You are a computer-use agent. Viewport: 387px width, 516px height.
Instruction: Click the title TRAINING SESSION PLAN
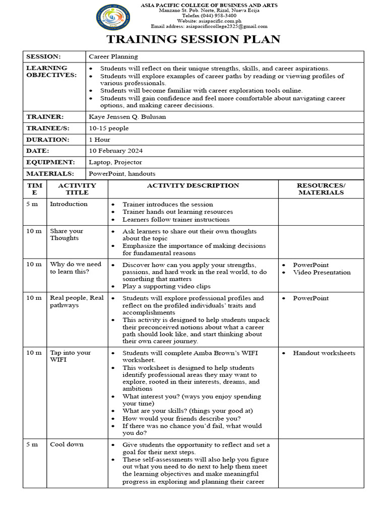(x=193, y=39)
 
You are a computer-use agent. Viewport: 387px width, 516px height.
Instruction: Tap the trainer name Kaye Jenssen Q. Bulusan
(x=127, y=117)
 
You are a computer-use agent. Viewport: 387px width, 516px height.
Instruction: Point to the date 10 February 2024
(x=116, y=151)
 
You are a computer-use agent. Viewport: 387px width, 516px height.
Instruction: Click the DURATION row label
(x=47, y=140)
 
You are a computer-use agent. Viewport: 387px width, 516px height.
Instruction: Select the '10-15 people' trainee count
(x=109, y=128)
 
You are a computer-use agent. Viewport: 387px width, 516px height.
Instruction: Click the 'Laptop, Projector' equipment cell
(x=115, y=162)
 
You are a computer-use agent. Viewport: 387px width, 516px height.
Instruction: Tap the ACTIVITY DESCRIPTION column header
(x=193, y=185)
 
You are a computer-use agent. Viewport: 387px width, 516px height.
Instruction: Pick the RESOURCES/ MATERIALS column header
(x=321, y=189)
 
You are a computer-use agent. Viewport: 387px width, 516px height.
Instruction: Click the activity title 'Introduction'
(x=69, y=204)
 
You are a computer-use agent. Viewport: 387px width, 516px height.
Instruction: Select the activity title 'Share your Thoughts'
(x=67, y=235)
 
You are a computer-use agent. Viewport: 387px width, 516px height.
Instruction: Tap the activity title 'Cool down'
(x=67, y=444)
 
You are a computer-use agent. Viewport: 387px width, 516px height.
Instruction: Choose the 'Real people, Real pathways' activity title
(x=77, y=301)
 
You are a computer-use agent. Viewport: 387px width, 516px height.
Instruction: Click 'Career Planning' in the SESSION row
(x=113, y=56)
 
